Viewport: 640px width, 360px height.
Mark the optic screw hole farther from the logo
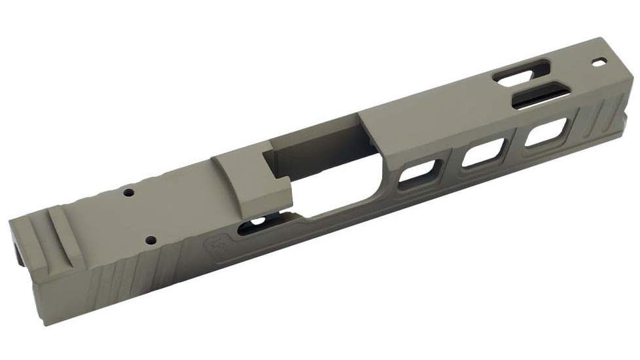pos(129,192)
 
